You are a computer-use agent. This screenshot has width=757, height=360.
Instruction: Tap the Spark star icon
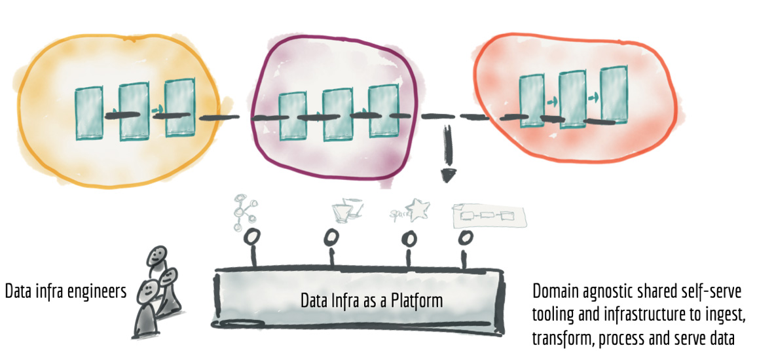tap(418, 209)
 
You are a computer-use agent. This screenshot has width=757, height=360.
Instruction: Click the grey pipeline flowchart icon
tap(489, 215)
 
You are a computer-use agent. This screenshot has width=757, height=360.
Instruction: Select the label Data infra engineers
tap(65, 291)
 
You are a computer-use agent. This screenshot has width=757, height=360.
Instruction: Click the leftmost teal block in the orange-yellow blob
tap(89, 113)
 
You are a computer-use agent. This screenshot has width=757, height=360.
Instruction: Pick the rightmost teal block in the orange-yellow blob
tap(177, 107)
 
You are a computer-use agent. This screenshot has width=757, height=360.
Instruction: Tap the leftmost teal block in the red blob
tap(531, 101)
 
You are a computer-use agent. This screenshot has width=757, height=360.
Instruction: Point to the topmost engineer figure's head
tap(156, 256)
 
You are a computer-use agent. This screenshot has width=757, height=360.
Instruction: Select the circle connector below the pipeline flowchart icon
tap(466, 236)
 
